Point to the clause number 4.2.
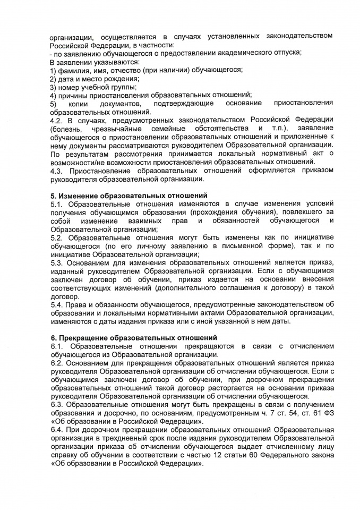click(56, 120)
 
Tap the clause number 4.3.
click(56, 171)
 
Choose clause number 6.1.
click(56, 346)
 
